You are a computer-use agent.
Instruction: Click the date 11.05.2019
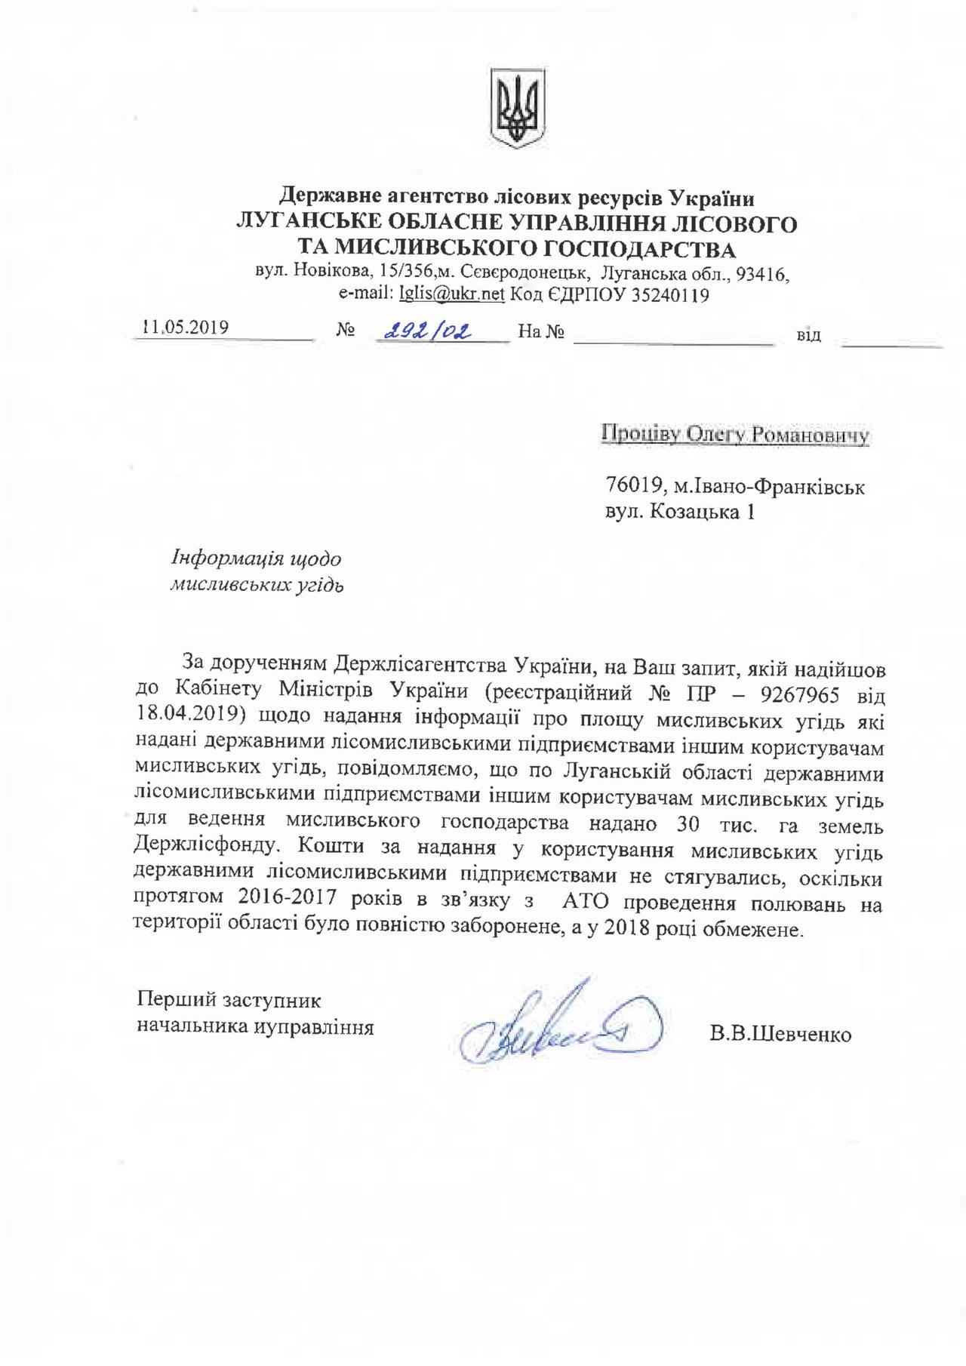186,328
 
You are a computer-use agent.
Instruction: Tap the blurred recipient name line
735,435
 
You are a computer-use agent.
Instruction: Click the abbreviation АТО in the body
584,904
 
